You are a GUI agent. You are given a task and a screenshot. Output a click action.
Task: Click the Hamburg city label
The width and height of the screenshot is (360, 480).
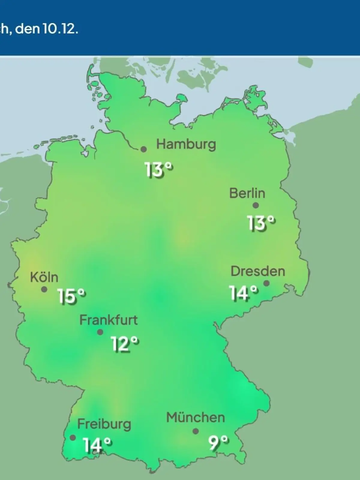coord(186,145)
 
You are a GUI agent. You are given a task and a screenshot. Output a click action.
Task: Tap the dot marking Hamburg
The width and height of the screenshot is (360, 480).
coord(144,149)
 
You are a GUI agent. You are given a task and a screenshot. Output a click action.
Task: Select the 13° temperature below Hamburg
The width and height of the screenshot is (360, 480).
coord(159,170)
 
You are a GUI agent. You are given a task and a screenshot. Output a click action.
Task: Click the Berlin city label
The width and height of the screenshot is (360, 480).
coord(247,193)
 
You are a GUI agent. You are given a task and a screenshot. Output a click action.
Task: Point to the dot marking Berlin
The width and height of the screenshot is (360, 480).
coord(256,205)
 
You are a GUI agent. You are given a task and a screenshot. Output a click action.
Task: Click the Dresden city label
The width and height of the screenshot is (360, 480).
coord(258,271)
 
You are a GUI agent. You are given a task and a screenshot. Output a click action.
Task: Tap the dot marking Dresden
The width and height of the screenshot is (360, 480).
coord(266,283)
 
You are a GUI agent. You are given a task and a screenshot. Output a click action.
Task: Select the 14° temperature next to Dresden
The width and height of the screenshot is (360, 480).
coord(243,293)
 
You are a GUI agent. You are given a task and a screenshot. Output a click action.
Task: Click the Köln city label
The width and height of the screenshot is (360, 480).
coord(44,277)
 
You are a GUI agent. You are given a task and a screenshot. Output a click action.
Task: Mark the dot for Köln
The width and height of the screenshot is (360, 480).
coord(44,289)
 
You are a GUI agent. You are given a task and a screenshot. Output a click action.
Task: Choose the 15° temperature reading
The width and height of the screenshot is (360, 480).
coord(71,296)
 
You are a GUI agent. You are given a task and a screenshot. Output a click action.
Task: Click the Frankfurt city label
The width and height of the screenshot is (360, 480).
coord(108,320)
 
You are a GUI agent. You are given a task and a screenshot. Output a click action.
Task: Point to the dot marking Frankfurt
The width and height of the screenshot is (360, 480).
coord(100,332)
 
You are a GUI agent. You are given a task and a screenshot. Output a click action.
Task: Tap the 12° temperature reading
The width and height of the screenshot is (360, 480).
coord(125,344)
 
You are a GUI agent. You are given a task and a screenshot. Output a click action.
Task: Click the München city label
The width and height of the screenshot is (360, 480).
coord(195,418)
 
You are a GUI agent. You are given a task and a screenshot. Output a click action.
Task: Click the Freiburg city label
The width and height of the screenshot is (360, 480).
coord(104,424)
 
